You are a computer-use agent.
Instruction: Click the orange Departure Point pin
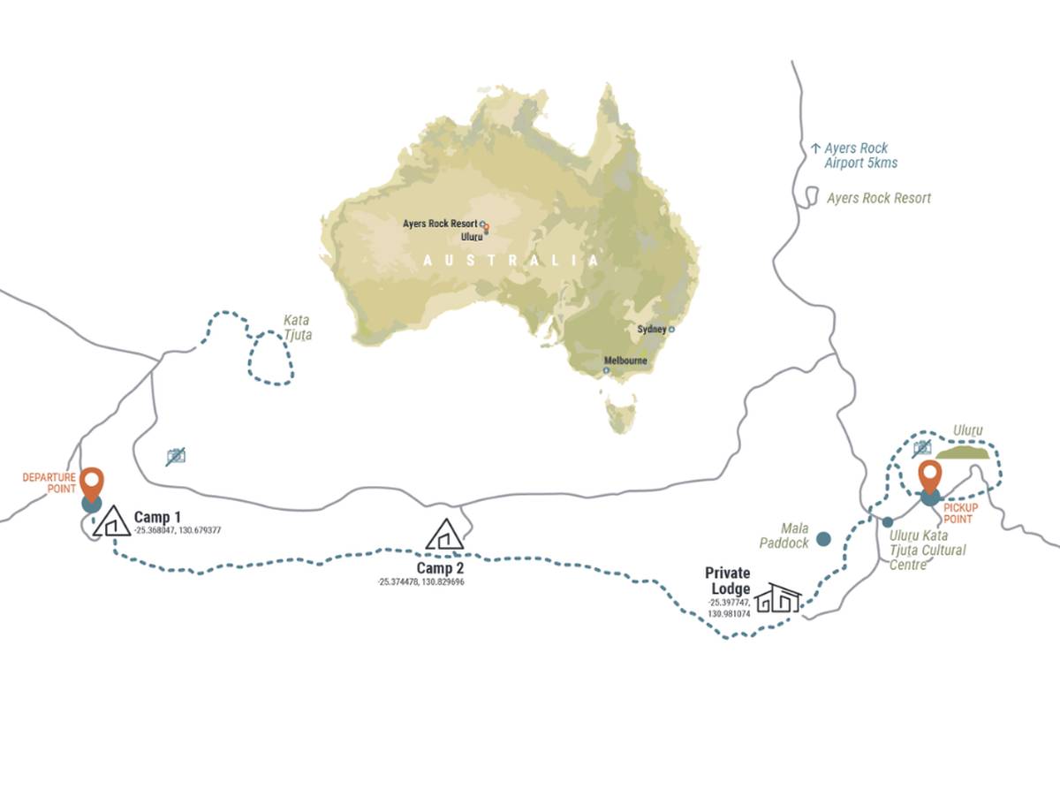coord(92,482)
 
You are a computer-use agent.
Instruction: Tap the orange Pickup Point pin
coord(929,475)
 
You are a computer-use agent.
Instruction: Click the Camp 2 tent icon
coord(444,535)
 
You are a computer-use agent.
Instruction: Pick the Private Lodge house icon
coord(777,597)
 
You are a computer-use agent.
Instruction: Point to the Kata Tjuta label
coord(297,328)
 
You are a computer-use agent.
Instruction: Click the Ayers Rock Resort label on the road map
coord(878,198)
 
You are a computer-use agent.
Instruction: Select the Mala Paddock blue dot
coord(823,537)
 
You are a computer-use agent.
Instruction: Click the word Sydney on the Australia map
coord(651,329)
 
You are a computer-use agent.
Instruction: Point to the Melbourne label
coord(625,361)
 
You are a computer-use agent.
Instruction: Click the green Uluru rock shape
coord(965,453)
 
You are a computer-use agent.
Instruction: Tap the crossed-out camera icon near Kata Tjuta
coord(176,456)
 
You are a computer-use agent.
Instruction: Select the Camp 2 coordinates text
coord(420,582)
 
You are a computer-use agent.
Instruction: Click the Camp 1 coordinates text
coord(177,531)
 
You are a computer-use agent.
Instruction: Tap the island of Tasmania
coord(621,416)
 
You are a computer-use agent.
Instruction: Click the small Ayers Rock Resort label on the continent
coord(439,224)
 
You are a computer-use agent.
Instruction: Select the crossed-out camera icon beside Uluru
coord(922,448)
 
